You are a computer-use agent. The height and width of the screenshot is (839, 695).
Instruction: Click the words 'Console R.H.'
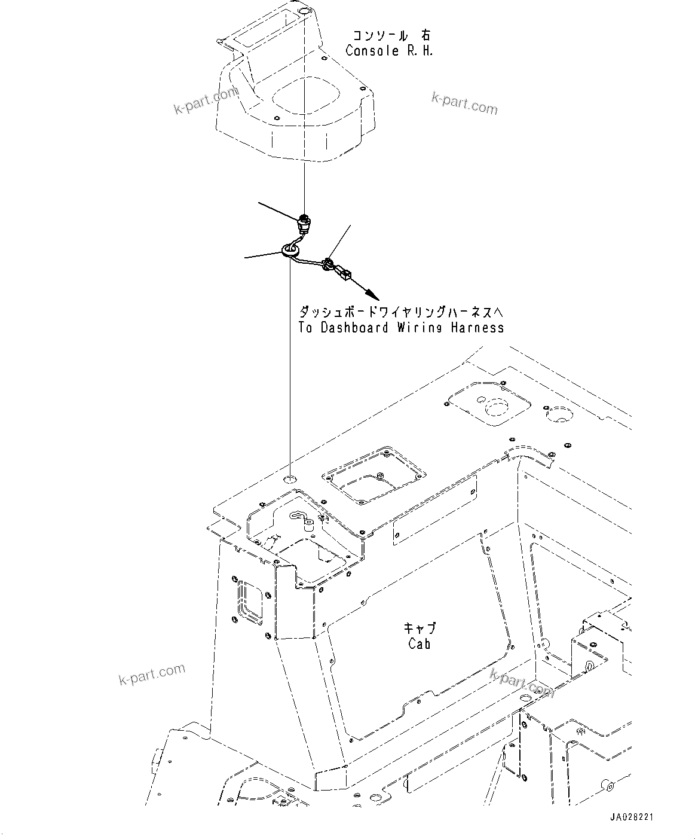389,51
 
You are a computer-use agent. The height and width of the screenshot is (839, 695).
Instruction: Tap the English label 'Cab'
420,643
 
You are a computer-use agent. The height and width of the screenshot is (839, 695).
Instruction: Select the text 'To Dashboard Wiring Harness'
401,328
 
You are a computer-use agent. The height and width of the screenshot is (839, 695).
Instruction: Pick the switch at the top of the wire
304,225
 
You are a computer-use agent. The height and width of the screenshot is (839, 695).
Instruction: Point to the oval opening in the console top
304,97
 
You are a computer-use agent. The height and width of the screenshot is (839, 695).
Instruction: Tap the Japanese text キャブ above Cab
420,628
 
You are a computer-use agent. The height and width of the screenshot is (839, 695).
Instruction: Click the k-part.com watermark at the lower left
152,674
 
